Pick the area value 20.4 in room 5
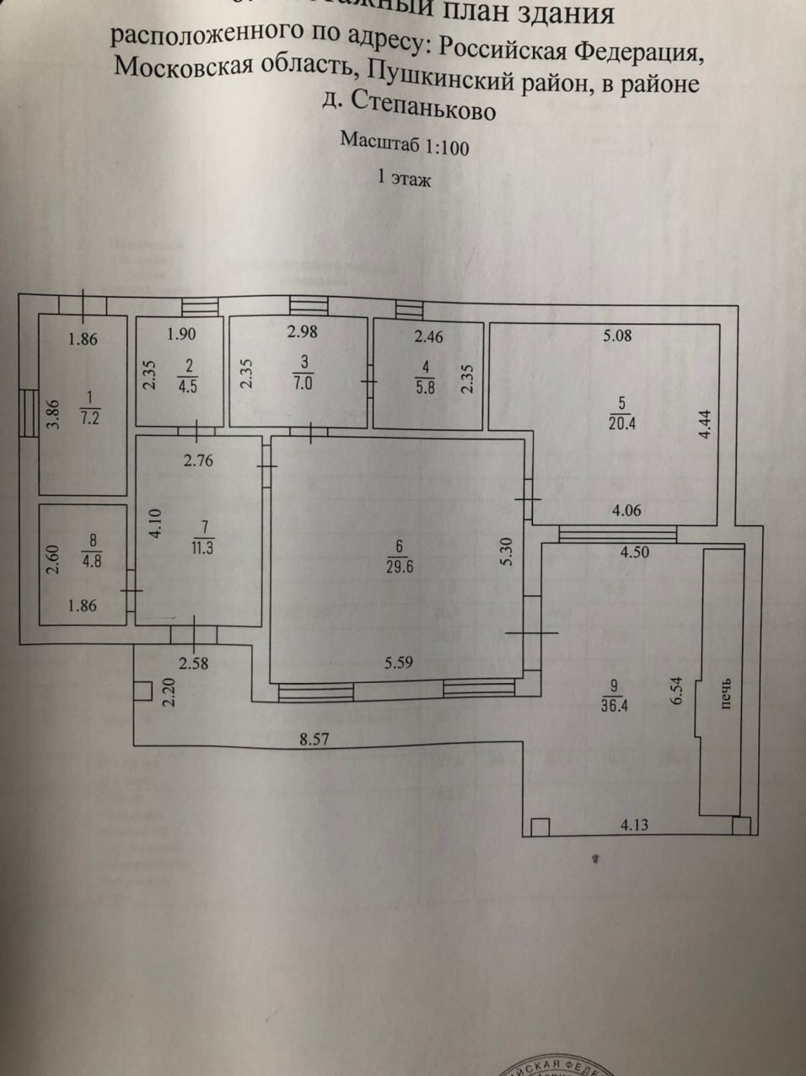621,424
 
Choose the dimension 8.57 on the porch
314,740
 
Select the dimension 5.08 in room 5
617,336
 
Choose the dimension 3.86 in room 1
52,414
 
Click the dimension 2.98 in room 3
302,332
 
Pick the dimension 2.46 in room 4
428,336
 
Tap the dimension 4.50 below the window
634,553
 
